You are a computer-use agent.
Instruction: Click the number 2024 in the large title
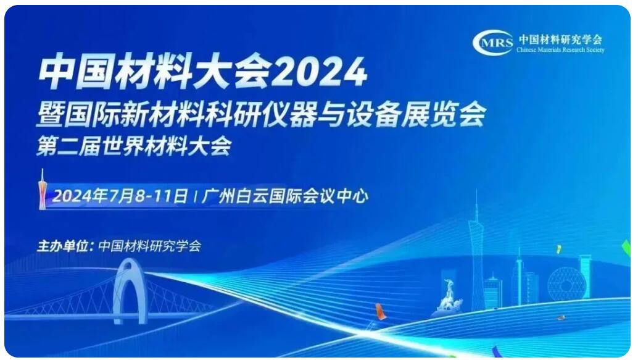[318, 72]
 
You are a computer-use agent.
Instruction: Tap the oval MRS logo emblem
[493, 43]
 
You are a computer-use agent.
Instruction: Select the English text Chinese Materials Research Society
[560, 50]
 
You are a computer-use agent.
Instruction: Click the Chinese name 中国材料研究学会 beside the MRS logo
[560, 40]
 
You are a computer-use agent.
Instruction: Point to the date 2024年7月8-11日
[120, 196]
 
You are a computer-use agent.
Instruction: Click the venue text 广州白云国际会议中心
[285, 196]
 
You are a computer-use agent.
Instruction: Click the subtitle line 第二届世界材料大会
[134, 146]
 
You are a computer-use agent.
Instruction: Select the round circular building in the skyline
[566, 284]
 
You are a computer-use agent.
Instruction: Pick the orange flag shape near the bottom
[380, 312]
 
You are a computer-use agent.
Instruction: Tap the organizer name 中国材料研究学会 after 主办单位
[150, 246]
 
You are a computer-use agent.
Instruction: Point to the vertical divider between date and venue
[196, 197]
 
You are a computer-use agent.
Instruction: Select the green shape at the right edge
[627, 248]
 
